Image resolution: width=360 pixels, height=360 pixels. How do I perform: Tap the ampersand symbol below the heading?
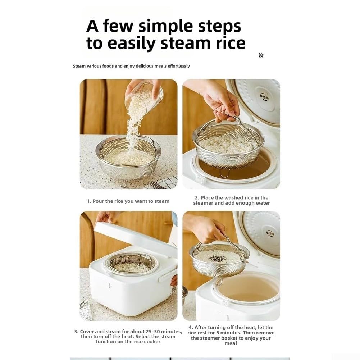261,55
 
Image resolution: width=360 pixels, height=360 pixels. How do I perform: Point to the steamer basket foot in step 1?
123,183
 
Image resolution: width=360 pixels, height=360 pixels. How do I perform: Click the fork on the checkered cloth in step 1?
158,185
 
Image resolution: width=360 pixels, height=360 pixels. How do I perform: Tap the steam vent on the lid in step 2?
264,97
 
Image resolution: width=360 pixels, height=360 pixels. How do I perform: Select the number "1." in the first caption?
89,201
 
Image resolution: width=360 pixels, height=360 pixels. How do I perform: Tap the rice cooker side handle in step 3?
167,275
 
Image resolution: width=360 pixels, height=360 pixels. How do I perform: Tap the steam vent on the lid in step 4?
270,233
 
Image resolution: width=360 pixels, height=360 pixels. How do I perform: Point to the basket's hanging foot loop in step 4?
219,281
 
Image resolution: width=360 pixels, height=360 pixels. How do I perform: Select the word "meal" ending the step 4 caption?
231,343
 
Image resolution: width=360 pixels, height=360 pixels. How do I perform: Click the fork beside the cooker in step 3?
84,304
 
